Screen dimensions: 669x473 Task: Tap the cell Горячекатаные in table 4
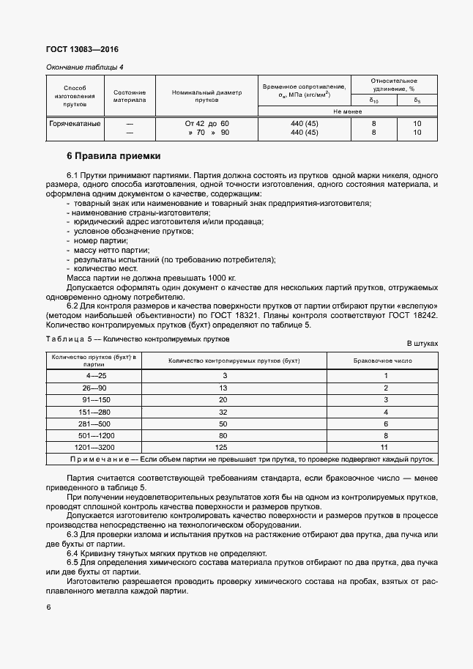[x=74, y=124]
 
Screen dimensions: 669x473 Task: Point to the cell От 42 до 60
[x=207, y=124]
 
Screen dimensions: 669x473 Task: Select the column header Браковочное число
[x=385, y=361]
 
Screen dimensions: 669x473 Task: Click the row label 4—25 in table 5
[x=95, y=375]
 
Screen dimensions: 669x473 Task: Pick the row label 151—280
[x=95, y=413]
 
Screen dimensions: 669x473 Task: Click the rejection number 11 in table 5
[x=385, y=446]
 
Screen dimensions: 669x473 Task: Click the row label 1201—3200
[x=95, y=446]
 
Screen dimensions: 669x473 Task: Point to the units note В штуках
[x=422, y=343]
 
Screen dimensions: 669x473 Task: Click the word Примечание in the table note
[x=103, y=459]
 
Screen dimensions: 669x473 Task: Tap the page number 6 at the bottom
[x=48, y=607]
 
